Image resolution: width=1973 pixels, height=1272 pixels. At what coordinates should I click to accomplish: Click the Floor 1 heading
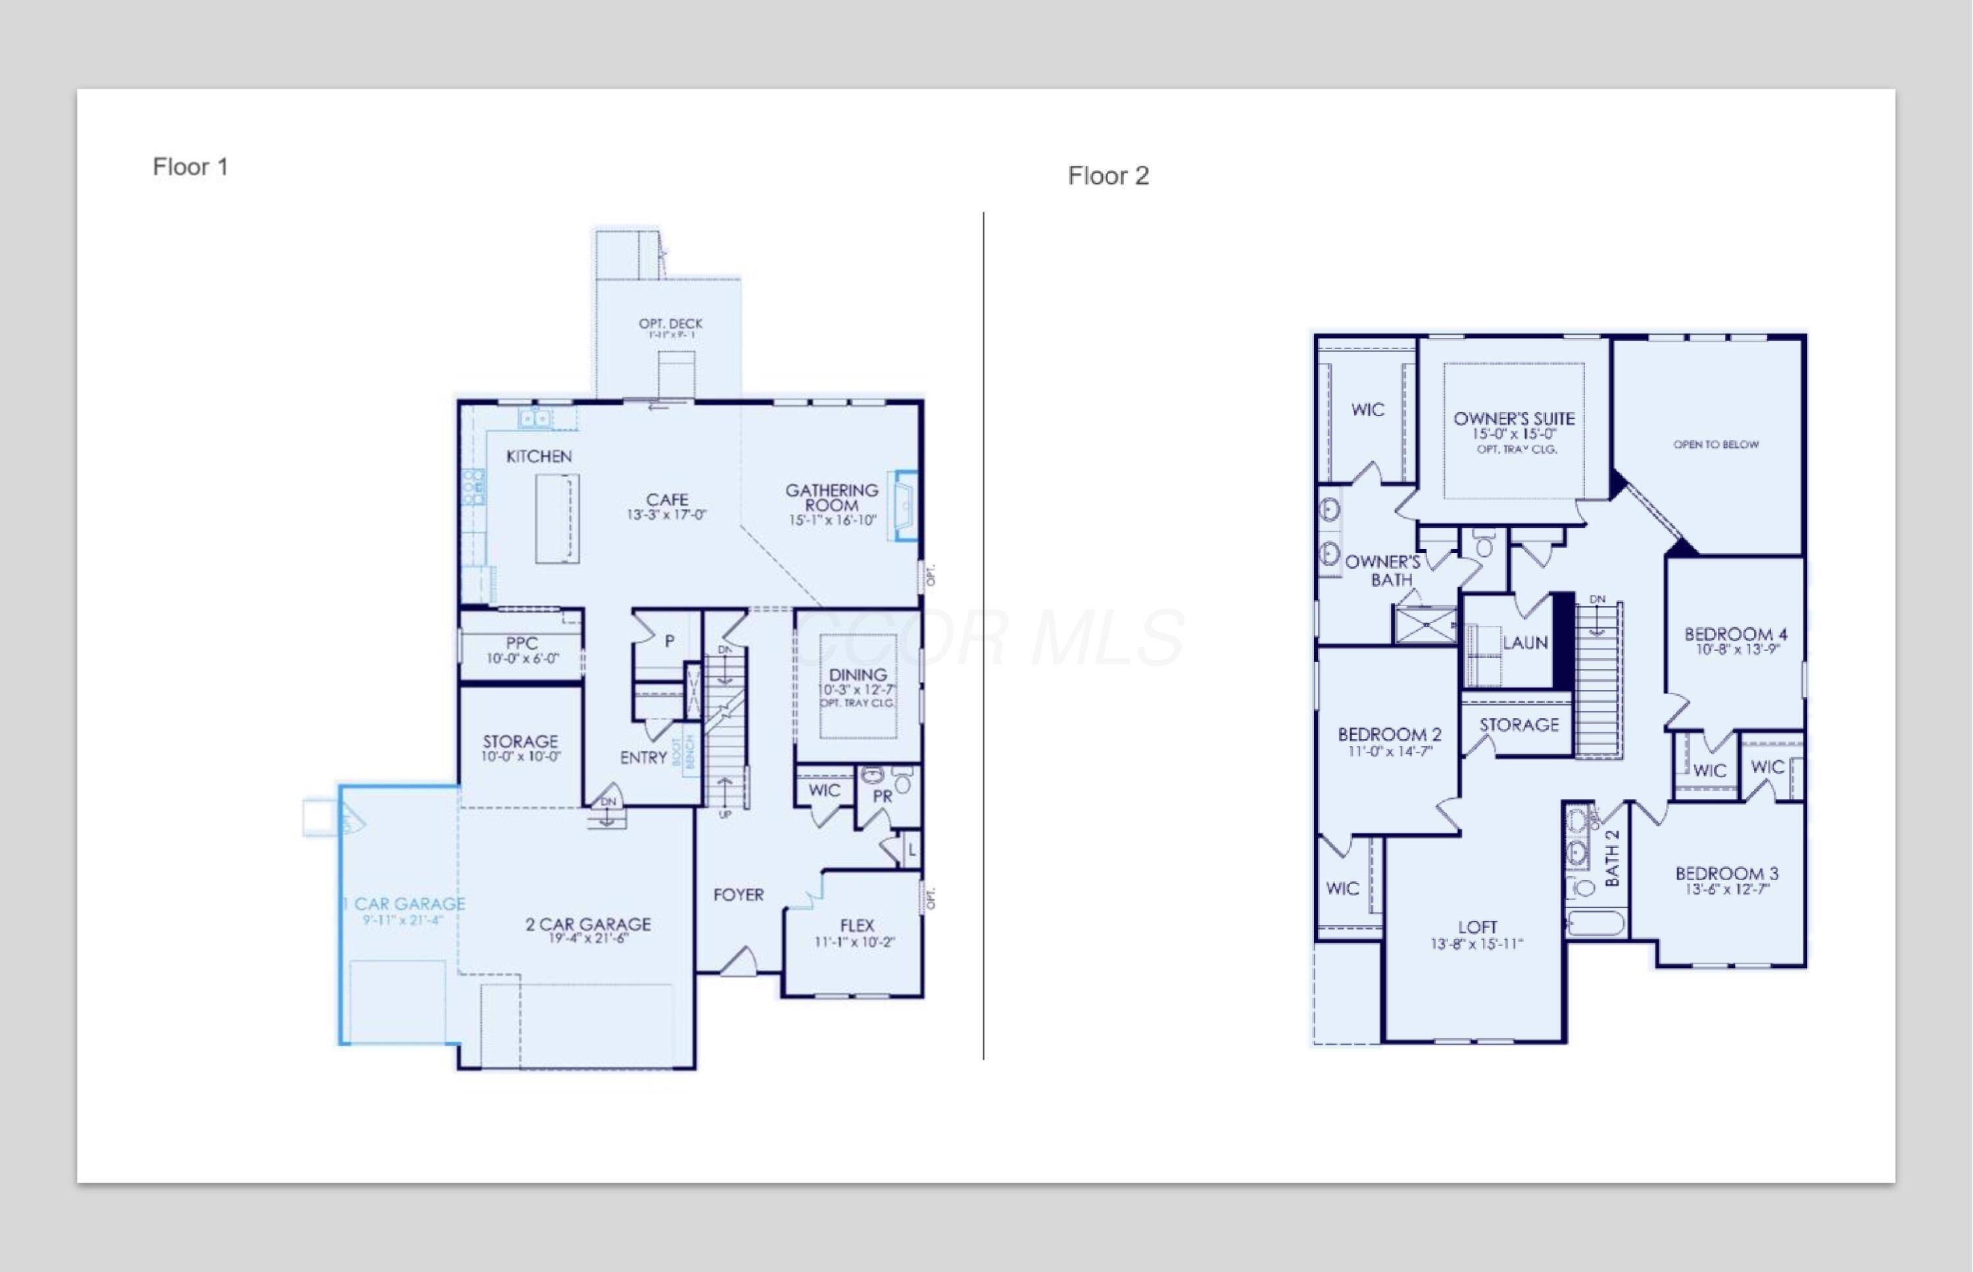tap(190, 167)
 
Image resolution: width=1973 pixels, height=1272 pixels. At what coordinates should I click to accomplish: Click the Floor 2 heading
tap(1108, 176)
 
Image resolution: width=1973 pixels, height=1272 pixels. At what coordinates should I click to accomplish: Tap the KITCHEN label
tap(539, 457)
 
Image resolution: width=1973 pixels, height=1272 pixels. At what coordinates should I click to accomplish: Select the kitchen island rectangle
tap(557, 519)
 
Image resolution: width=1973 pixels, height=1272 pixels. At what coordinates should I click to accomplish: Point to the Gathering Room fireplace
tap(904, 506)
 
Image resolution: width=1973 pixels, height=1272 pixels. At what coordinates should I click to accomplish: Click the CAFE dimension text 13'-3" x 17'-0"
tap(666, 515)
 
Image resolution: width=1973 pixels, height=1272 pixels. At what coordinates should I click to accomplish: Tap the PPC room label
tap(522, 643)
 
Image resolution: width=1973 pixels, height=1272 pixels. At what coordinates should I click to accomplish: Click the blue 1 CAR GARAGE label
tap(404, 904)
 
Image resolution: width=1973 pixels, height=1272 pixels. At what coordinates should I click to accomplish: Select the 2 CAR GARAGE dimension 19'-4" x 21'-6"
tap(587, 938)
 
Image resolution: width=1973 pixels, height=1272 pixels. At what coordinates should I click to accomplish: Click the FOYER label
tap(738, 895)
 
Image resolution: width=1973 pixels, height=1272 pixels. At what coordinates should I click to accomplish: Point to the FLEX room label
tap(857, 925)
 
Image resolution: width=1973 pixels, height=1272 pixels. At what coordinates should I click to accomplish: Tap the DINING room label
tap(858, 675)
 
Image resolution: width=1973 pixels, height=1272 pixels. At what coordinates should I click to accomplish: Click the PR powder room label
tap(883, 796)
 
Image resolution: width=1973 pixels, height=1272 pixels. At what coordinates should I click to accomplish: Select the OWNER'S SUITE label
tap(1514, 419)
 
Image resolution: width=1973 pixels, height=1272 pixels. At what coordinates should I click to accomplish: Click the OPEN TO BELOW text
tap(1715, 444)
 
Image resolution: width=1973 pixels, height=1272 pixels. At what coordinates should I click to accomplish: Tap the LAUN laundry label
tap(1524, 643)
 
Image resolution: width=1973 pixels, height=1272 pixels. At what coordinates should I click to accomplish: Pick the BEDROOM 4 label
tap(1735, 634)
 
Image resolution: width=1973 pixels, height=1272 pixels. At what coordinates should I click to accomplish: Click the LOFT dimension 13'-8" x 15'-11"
tap(1476, 944)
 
